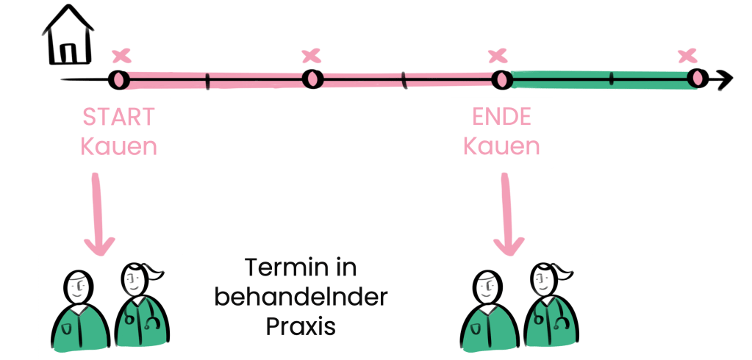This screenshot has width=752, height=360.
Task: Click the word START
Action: pos(118,118)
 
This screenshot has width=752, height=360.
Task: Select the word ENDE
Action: pos(501,118)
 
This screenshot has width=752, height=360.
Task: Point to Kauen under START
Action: pos(118,145)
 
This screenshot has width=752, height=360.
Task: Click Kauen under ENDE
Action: pos(501,145)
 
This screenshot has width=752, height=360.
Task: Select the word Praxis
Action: pos(301,325)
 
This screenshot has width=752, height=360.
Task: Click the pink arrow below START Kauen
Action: pos(97,213)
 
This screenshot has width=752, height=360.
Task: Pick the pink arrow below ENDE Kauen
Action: pos(506,213)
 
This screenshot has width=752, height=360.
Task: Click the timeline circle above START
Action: pos(119,79)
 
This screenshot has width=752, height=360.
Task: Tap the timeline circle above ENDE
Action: pos(502,79)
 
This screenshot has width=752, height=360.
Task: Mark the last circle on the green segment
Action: pos(696,77)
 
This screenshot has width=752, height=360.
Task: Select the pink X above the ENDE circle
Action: pos(498,55)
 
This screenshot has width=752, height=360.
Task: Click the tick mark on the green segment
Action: pos(611,79)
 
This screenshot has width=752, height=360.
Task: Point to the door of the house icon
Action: pos(67,52)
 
